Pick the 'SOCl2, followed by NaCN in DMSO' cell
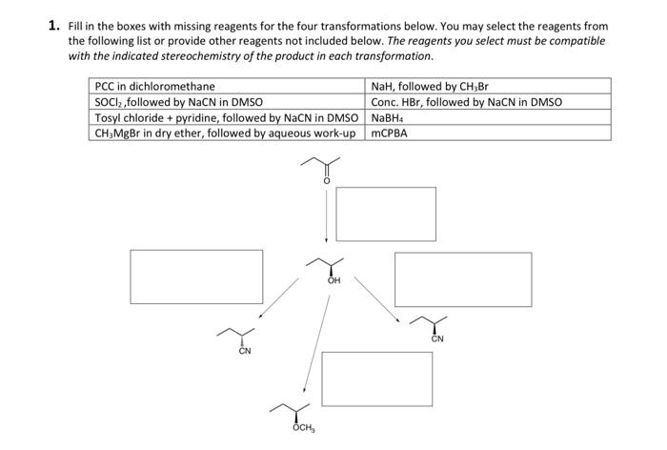pos(179,102)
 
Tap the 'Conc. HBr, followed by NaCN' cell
pos(466,102)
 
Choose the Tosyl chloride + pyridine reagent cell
pos(227,117)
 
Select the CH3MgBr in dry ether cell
pos(227,133)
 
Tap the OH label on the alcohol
pos(333,282)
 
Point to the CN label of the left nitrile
pos(245,352)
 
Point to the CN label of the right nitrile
pos(437,339)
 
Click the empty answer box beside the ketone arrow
pos(386,215)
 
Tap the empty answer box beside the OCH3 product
pos(377,378)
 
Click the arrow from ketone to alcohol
pos(326,216)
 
